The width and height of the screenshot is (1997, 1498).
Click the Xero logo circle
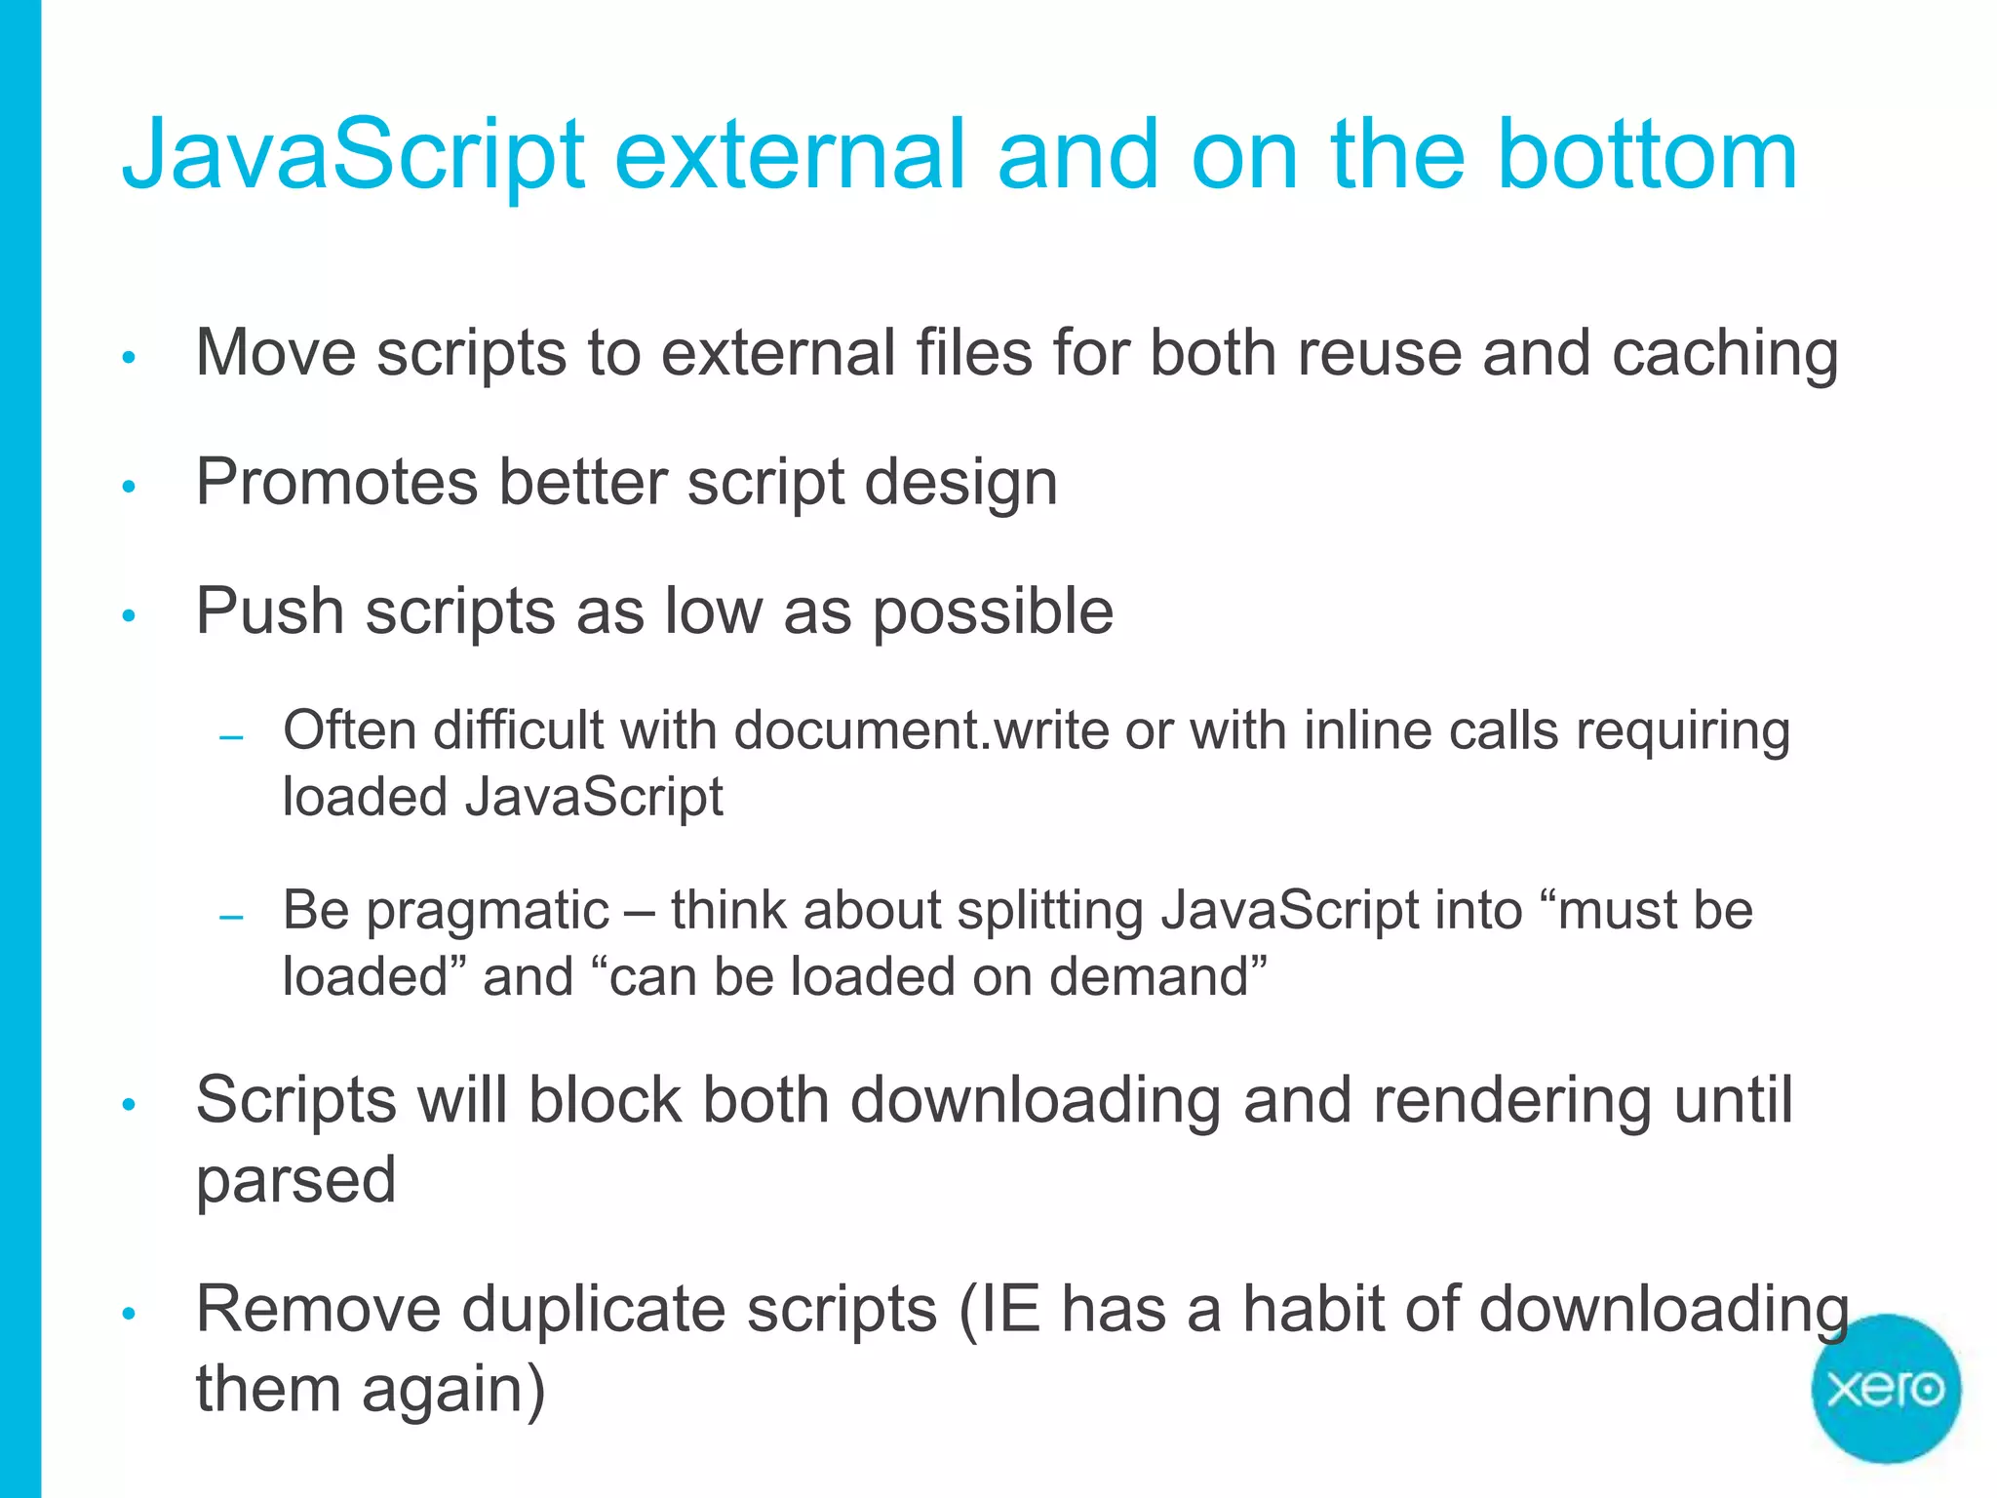tap(1885, 1389)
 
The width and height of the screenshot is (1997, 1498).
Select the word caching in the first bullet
tap(1725, 353)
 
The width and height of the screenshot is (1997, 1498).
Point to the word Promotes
tap(337, 482)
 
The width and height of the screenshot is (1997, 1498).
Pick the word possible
tap(993, 612)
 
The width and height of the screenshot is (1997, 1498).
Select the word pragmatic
tap(488, 912)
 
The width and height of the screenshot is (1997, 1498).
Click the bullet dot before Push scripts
tap(129, 615)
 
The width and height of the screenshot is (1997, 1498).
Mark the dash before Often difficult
tap(231, 738)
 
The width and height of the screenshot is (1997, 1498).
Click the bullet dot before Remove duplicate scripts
tap(129, 1314)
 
